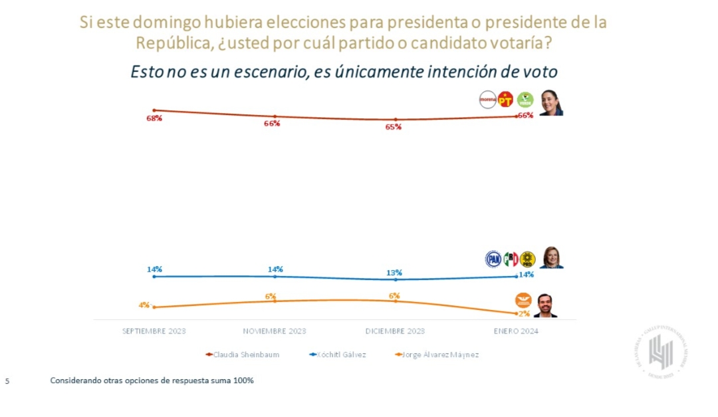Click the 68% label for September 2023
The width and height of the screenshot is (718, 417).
click(154, 118)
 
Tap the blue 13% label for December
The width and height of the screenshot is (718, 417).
click(394, 273)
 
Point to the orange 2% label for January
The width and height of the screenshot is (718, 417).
click(525, 313)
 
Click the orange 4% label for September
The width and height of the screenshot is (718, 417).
click(144, 305)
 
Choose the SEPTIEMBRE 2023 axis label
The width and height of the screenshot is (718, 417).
click(154, 331)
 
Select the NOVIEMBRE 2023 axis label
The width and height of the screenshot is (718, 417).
click(275, 331)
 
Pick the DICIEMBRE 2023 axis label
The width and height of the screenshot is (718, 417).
click(395, 331)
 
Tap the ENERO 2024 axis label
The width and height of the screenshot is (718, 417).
click(516, 331)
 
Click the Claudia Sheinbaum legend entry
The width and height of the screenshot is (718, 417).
click(243, 354)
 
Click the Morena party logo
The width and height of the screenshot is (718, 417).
click(488, 100)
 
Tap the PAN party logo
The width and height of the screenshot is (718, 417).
click(493, 259)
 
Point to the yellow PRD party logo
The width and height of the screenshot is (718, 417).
click(527, 259)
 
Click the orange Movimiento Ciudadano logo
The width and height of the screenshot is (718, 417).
click(523, 301)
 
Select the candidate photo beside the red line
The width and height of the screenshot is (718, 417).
click(550, 103)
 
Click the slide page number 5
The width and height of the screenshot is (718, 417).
click(7, 382)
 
